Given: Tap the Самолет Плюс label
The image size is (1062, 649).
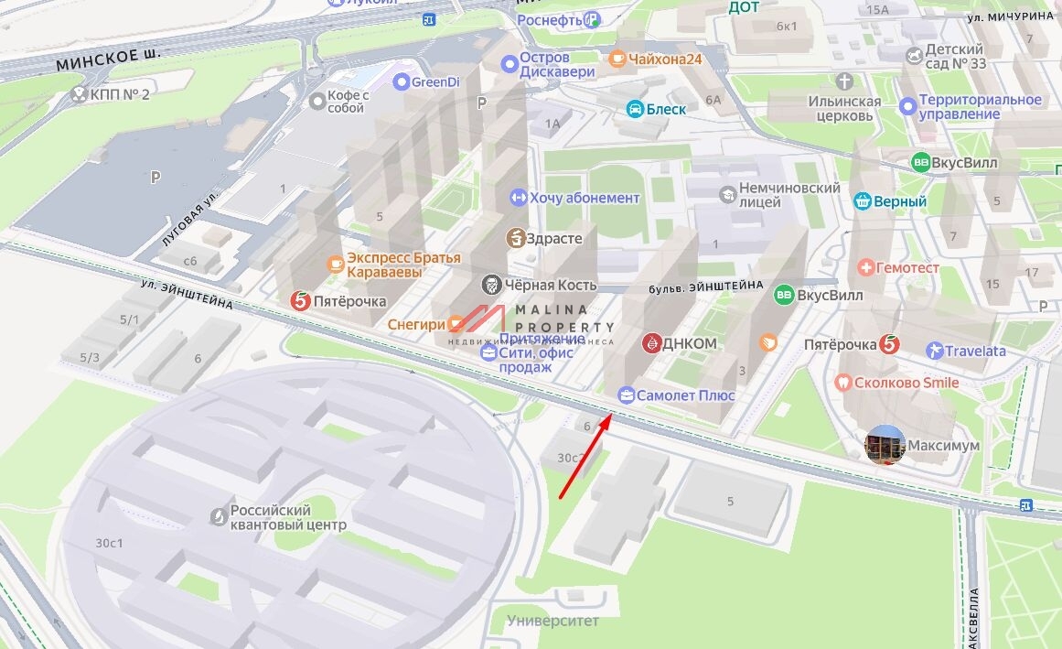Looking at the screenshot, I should [x=686, y=395].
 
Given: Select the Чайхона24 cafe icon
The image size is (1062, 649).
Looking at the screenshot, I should [x=617, y=59].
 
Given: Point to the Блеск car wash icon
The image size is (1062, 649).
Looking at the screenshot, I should [x=635, y=109].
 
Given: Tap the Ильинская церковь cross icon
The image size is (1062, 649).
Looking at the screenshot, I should [x=843, y=81].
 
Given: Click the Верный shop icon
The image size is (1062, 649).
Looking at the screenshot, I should [x=861, y=201].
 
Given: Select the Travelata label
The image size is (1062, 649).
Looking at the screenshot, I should [x=975, y=351].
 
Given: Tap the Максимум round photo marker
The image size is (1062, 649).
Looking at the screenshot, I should [x=885, y=445].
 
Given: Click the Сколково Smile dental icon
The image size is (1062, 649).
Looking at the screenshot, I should [x=843, y=383].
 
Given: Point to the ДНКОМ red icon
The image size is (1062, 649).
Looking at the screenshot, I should [x=650, y=343].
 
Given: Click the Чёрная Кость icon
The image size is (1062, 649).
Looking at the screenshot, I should [x=492, y=285].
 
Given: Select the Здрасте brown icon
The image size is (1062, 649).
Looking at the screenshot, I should [x=515, y=239].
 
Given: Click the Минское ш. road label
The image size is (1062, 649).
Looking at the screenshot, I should [x=107, y=60].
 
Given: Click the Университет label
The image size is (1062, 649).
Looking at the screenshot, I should [x=552, y=621].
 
